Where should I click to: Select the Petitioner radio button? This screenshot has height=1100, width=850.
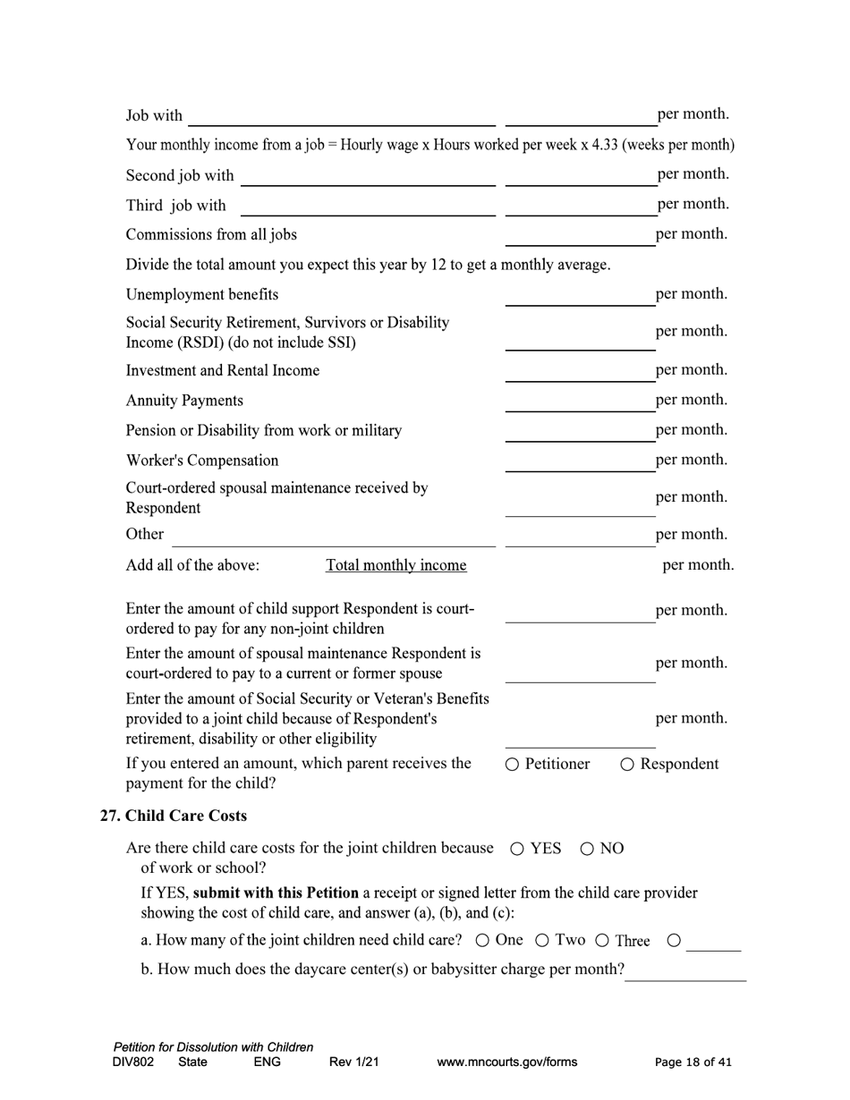pos(513,765)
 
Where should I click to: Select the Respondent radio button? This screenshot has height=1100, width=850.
pos(627,765)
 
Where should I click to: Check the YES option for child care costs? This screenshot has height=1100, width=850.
pos(518,850)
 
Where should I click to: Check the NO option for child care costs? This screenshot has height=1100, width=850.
pos(588,850)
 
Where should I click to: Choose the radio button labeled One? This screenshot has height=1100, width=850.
pos(483,941)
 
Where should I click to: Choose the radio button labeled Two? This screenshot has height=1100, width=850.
pos(542,941)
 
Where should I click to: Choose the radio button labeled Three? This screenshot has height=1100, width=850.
pos(602,941)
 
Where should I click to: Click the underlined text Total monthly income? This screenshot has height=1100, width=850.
pos(395,565)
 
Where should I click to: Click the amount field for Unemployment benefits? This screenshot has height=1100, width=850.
pos(580,296)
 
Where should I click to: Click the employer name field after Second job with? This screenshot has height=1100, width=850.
pos(368,176)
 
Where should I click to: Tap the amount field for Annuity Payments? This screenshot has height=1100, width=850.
pos(580,402)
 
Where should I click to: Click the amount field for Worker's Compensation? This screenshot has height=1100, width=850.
pos(580,461)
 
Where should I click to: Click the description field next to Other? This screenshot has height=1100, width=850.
pos(333,536)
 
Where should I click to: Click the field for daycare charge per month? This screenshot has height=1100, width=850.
pos(685,971)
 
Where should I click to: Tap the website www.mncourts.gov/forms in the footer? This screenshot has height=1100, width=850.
pos(506,1062)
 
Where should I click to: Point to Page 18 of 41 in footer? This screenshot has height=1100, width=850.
pos(693,1062)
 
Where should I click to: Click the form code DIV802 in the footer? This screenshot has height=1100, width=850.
pos(133,1062)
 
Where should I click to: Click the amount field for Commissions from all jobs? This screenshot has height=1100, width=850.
pos(580,236)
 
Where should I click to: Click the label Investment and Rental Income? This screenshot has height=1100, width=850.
pos(223,370)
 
